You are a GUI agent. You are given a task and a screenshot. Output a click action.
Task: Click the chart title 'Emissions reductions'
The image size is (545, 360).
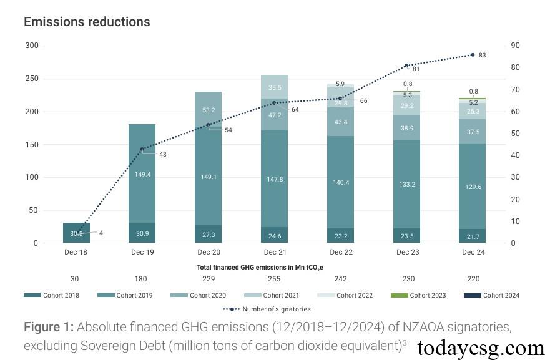tap(87, 22)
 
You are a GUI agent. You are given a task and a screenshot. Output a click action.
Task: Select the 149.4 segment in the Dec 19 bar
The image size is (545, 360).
tap(142, 174)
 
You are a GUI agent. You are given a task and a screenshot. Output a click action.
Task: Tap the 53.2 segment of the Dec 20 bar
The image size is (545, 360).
tap(208, 110)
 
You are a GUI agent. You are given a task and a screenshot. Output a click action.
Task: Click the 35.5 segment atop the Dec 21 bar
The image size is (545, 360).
tap(274, 87)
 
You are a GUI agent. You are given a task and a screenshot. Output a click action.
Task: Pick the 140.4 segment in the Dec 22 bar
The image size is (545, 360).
tap(340, 182)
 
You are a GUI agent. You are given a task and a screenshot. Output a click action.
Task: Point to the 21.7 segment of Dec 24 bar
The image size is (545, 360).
tap(473, 236)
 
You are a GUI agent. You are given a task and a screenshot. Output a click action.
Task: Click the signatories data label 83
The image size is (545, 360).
tap(483, 56)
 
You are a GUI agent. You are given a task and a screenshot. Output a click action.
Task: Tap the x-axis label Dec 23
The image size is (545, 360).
tap(407, 253)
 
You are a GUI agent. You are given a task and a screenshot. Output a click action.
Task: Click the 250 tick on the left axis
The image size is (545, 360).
tap(31, 79)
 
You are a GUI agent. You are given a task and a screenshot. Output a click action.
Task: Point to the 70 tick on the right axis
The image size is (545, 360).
tap(514, 90)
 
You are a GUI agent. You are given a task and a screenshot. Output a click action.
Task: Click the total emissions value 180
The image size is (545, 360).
tap(142, 279)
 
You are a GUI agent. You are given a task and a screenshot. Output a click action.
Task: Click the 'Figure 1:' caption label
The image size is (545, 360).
tap(48, 328)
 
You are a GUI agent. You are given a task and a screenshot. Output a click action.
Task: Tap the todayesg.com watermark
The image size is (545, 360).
tap(480, 348)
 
